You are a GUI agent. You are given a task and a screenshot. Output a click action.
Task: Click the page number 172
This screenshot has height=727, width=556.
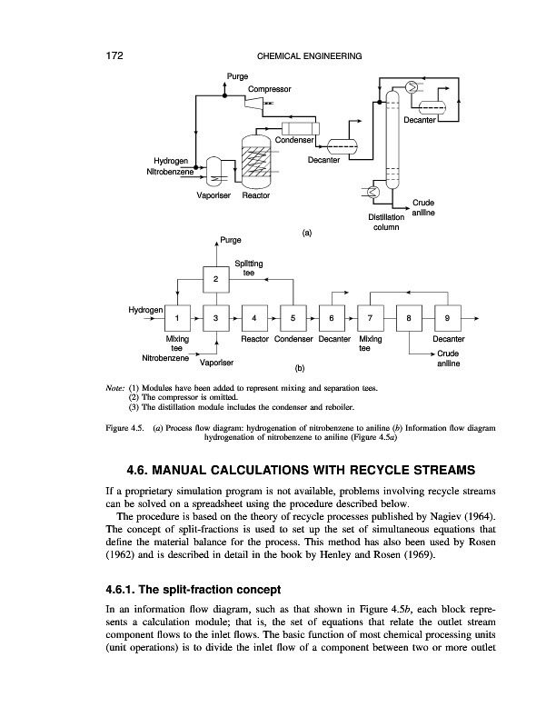tap(108, 56)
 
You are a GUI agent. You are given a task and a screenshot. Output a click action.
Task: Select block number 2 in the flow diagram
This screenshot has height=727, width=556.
tap(215, 279)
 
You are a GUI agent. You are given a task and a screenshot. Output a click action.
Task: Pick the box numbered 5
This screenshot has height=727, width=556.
tap(294, 318)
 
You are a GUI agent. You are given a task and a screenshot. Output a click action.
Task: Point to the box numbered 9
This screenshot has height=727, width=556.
tap(448, 318)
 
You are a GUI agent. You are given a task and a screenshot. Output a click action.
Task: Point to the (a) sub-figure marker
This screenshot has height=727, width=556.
tap(306, 232)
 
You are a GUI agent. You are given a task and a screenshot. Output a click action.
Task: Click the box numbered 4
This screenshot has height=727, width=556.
tap(255, 318)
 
